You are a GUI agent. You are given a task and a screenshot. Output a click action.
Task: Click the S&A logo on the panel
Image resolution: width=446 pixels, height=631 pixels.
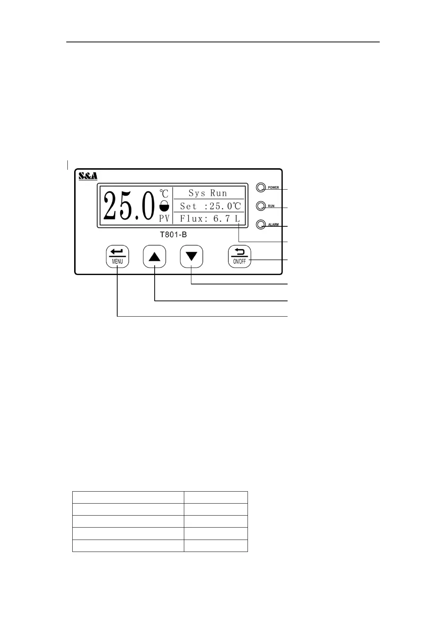pyautogui.click(x=88, y=176)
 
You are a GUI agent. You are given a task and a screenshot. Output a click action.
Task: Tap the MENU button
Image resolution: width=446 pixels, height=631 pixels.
pyautogui.click(x=117, y=256)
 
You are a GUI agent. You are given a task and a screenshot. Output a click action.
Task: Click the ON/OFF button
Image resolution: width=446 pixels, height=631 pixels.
pyautogui.click(x=239, y=257)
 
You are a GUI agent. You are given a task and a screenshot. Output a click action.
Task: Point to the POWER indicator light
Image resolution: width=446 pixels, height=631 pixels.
pyautogui.click(x=261, y=187)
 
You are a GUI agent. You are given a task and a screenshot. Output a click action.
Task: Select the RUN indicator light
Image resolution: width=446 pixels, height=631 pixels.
pyautogui.click(x=261, y=206)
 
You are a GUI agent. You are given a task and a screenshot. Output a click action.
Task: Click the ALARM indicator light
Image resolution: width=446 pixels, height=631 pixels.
pyautogui.click(x=261, y=224)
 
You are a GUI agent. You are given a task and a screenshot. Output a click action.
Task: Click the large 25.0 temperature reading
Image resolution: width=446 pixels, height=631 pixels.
pyautogui.click(x=129, y=206)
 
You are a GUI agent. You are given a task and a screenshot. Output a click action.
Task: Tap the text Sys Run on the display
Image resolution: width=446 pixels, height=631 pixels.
pyautogui.click(x=208, y=193)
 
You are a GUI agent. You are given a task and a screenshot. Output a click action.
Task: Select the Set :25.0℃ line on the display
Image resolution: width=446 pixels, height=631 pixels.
pyautogui.click(x=210, y=206)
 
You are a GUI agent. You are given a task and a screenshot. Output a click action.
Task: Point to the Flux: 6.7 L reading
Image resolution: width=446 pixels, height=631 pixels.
pyautogui.click(x=210, y=218)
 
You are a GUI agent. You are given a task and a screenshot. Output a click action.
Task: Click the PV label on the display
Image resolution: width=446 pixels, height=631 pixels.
pyautogui.click(x=164, y=219)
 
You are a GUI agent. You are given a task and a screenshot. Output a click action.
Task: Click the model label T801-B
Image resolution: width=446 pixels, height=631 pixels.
pyautogui.click(x=173, y=235)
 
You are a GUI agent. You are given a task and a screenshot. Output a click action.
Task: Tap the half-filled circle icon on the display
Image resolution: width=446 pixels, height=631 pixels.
pyautogui.click(x=164, y=206)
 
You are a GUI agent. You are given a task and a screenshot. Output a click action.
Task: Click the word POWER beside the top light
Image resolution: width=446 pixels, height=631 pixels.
pyautogui.click(x=273, y=188)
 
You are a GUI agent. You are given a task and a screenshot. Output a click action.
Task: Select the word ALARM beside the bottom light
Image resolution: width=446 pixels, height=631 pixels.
pyautogui.click(x=273, y=225)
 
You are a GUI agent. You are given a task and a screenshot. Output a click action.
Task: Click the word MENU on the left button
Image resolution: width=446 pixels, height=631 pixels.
pyautogui.click(x=117, y=262)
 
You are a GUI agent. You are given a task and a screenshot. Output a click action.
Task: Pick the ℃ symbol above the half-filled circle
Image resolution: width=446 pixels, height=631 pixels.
pyautogui.click(x=164, y=193)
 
